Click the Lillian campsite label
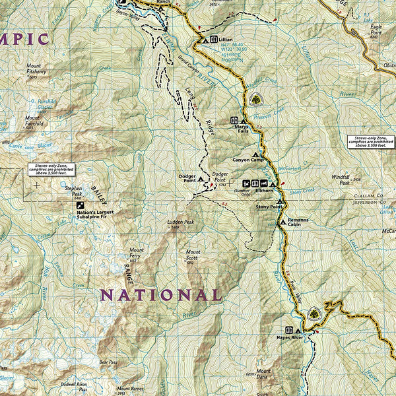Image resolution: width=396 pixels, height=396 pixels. [x=226, y=40]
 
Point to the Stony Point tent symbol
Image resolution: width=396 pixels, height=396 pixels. [x=280, y=201]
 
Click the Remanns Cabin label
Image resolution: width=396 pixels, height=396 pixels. [x=298, y=222]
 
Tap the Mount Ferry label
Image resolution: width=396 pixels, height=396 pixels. [x=137, y=253]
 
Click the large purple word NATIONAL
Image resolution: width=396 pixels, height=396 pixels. [x=160, y=295]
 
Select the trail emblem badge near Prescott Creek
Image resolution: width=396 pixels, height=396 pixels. [x=254, y=100]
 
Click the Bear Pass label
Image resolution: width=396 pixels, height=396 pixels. [x=108, y=362]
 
